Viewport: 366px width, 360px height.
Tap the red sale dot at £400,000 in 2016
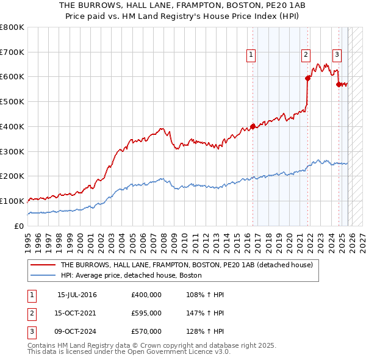253,127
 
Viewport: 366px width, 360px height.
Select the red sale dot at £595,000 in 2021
307,78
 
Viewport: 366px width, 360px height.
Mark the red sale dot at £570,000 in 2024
339,84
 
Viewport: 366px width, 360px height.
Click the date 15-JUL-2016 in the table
77,295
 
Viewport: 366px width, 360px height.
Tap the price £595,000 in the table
146,313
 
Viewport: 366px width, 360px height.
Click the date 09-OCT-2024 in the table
77,331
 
